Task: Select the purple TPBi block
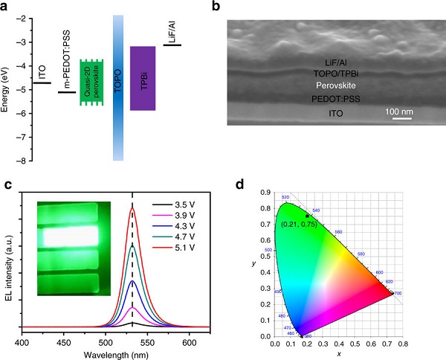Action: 143,78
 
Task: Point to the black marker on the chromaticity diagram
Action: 306,216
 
